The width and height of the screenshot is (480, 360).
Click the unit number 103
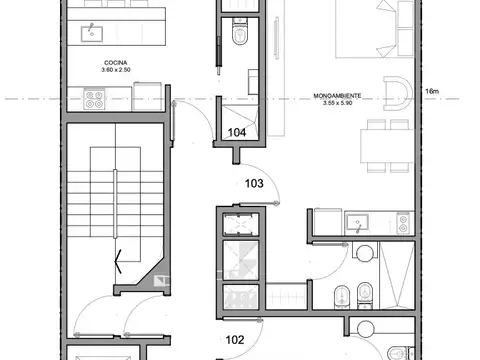tap(256, 184)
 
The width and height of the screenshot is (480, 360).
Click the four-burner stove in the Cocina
tap(97, 99)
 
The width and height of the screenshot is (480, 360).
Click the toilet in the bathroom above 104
tap(238, 37)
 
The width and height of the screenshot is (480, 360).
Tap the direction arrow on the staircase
tap(119, 262)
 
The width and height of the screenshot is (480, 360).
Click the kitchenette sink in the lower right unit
tap(358, 220)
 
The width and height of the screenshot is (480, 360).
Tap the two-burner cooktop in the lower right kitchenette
tap(402, 220)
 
